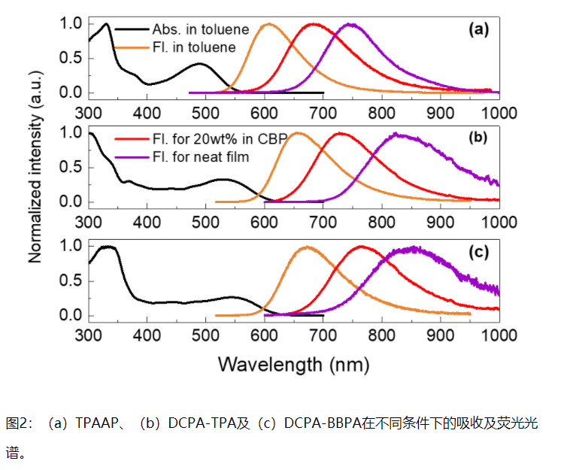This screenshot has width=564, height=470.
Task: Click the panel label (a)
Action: [x=478, y=30]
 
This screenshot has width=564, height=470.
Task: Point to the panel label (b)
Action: [x=478, y=140]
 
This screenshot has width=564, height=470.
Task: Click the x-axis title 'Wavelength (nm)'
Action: [x=294, y=365]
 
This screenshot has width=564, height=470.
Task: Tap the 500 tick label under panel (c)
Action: [x=205, y=335]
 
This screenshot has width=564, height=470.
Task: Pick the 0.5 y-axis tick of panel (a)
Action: [x=69, y=58]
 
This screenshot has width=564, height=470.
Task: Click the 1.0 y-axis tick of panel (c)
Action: [x=69, y=246]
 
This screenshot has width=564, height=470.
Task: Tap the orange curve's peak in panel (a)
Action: [x=268, y=24]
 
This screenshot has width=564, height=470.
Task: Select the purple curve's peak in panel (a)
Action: [x=350, y=24]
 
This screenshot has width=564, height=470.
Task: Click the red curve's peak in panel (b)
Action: [x=340, y=134]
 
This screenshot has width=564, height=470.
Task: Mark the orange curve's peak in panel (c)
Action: [x=307, y=247]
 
